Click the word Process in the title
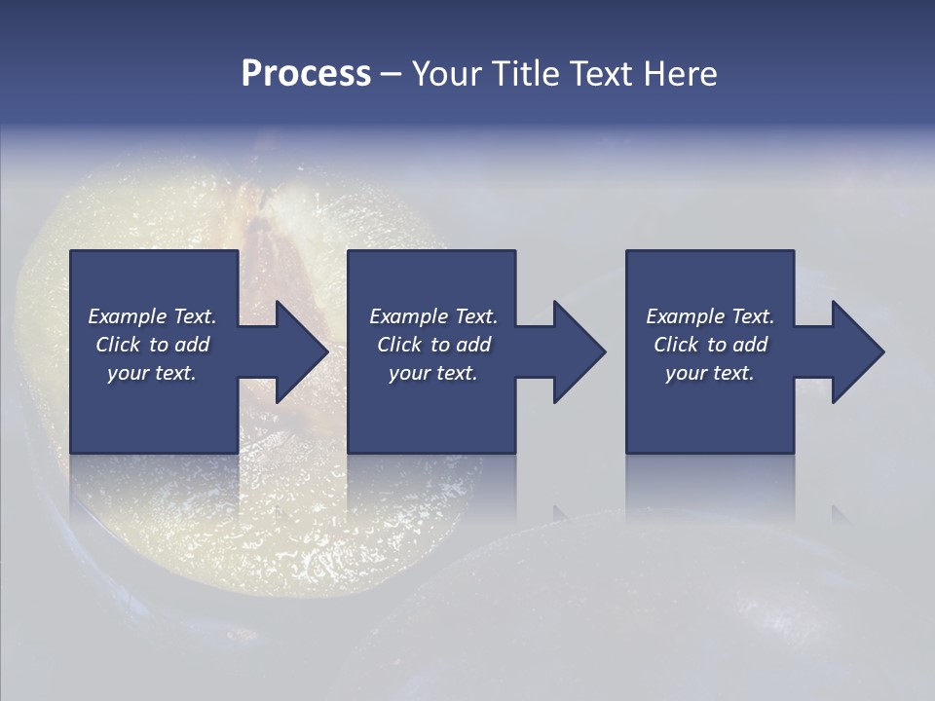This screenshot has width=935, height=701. [306, 74]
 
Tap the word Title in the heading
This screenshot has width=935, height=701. [525, 74]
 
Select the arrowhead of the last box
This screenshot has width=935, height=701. [856, 351]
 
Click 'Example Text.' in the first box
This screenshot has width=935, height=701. [152, 316]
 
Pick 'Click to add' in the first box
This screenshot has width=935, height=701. [152, 345]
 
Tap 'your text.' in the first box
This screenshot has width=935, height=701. [152, 373]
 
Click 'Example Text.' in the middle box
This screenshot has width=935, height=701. [432, 316]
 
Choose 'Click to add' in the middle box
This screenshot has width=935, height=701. [432, 345]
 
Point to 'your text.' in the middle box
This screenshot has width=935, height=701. [432, 373]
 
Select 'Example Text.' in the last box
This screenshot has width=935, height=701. [710, 316]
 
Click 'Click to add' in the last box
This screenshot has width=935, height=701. [710, 345]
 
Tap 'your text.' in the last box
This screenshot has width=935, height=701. [710, 373]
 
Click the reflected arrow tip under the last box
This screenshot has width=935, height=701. [840, 512]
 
